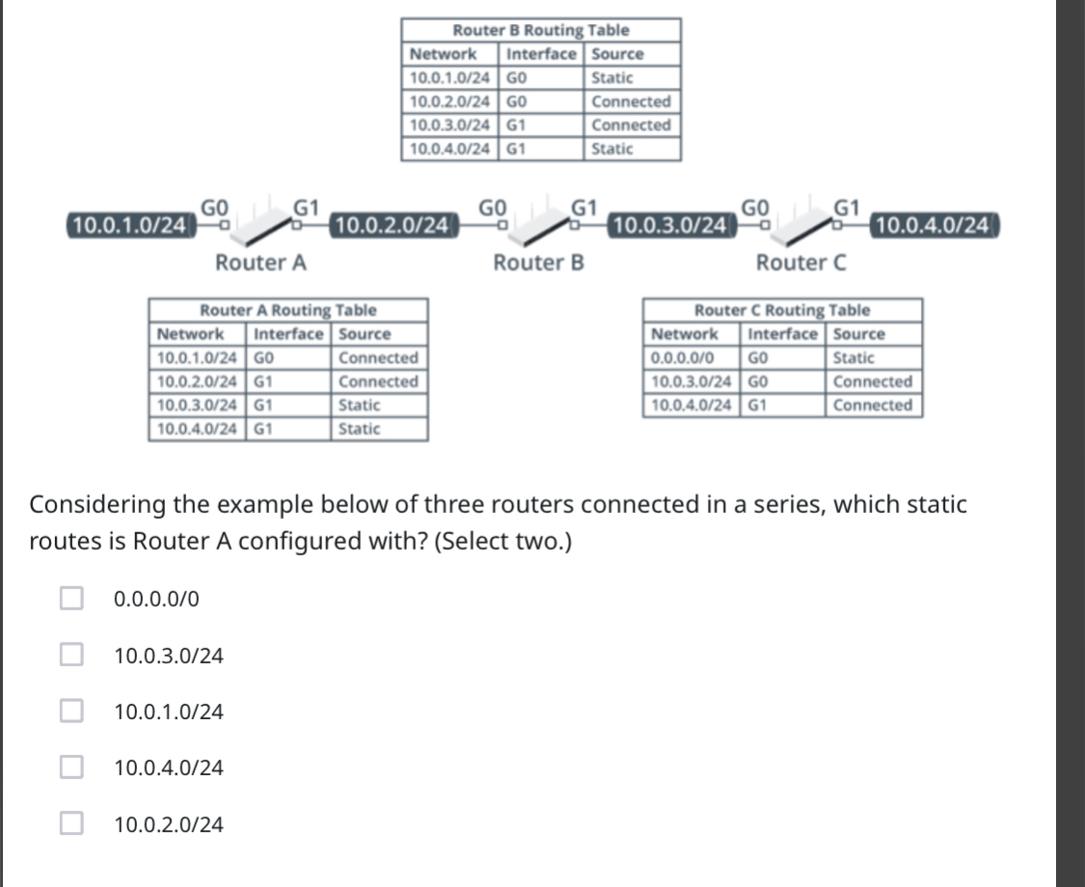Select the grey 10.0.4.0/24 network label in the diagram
933,226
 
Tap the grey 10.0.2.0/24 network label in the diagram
391,226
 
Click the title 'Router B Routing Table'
541,31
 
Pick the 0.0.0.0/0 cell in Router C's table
683,358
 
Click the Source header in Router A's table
366,334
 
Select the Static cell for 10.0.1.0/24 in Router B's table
612,77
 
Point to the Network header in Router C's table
685,334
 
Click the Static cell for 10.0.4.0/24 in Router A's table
360,429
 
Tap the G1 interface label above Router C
846,205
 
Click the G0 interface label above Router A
213,205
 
